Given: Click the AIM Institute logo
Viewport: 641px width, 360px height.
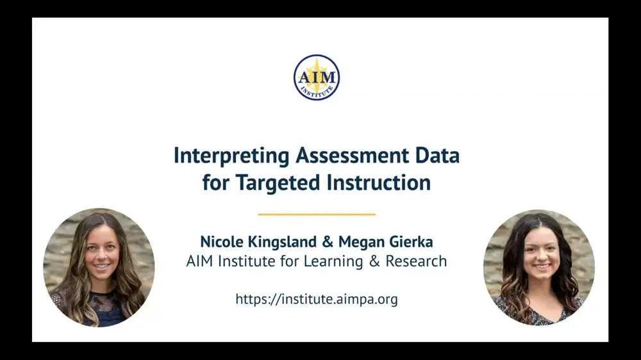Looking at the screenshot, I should click(x=316, y=78).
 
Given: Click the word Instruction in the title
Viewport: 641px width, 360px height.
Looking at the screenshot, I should click(x=378, y=183).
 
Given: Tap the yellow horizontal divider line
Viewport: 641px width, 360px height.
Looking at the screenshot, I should click(x=316, y=214).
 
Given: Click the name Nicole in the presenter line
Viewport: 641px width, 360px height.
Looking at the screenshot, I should click(x=220, y=241).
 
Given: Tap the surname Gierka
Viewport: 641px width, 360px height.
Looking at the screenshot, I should click(x=411, y=241).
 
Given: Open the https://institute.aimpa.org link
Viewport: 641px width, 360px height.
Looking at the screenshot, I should click(x=316, y=299).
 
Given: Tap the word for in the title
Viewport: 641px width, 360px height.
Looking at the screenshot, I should click(x=216, y=183).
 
